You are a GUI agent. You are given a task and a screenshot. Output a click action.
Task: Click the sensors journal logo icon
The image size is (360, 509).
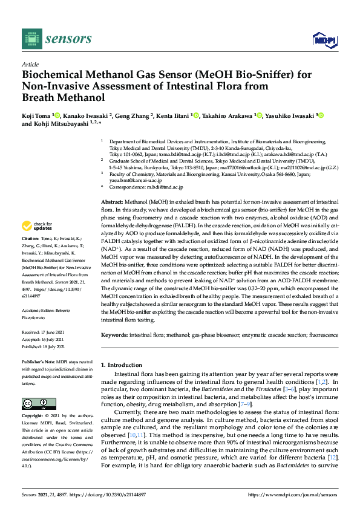click(32, 39)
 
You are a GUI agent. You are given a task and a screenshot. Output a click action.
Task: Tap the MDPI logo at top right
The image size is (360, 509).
click(324, 40)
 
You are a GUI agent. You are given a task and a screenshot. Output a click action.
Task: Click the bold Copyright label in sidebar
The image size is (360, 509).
click(34, 417)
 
